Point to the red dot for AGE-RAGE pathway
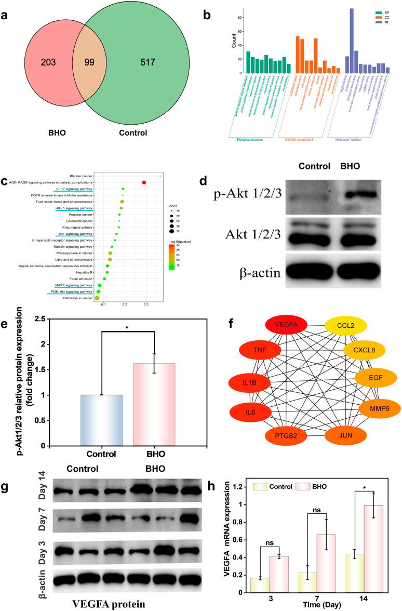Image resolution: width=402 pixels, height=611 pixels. pyautogui.click(x=144, y=182)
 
